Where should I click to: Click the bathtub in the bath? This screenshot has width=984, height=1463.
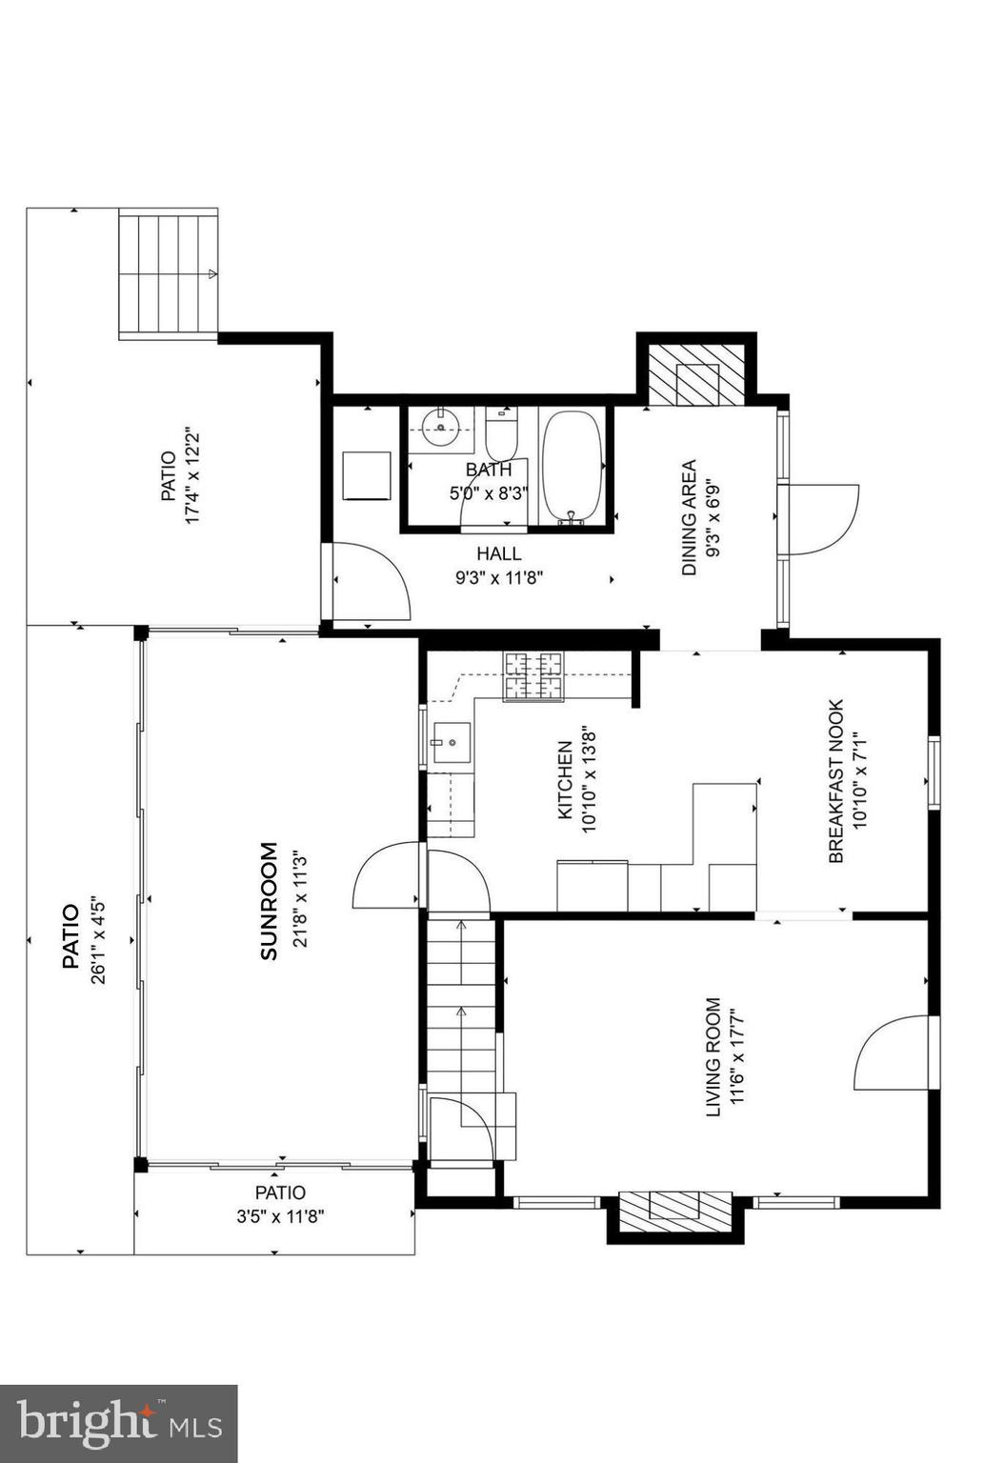pos(572,467)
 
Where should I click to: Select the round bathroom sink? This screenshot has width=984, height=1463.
pos(442,427)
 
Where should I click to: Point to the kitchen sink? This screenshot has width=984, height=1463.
pos(450,742)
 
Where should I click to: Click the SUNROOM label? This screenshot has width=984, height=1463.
pos(270,900)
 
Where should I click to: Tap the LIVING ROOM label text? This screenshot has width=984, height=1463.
pos(712,1057)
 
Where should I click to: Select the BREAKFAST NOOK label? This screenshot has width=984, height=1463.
pos(836,781)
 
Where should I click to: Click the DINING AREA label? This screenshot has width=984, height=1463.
pos(689,518)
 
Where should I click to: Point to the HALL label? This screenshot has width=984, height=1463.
pos(499,553)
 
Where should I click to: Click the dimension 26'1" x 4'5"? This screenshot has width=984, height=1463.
pos(96,938)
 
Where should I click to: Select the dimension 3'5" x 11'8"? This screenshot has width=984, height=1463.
pos(280,1216)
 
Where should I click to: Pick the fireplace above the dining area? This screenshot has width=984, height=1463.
pos(695,374)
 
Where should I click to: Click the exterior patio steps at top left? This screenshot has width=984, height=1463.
pos(168,274)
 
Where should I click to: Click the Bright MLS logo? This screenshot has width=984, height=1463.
pos(118,1423)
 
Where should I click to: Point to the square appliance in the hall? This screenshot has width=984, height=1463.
pos(367,474)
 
